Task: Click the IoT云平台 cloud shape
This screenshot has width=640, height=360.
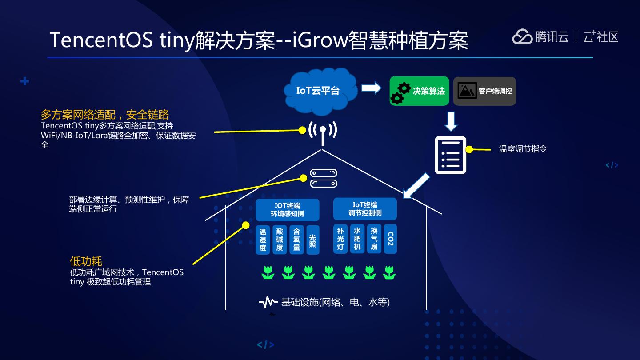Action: tap(318, 90)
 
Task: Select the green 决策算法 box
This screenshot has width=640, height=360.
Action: tap(419, 91)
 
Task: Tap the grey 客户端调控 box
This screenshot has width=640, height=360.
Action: tap(484, 91)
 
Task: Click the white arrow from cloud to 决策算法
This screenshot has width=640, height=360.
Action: tap(371, 88)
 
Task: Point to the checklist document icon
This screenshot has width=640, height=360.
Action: tap(450, 155)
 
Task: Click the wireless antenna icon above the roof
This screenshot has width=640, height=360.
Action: tap(323, 132)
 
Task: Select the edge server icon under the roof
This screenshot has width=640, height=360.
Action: tap(324, 178)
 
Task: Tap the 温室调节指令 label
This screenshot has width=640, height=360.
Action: tap(523, 149)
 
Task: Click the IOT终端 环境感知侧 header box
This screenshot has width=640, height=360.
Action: tap(287, 210)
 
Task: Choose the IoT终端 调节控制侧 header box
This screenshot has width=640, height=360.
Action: tap(365, 209)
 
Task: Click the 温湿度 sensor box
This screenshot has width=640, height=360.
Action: tap(263, 240)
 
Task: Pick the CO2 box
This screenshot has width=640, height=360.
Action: tap(390, 239)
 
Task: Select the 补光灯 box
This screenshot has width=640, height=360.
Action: tap(340, 239)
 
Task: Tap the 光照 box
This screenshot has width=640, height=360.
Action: tap(312, 240)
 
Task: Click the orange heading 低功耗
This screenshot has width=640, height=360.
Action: tap(86, 261)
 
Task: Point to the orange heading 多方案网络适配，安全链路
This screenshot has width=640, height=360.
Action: tap(105, 115)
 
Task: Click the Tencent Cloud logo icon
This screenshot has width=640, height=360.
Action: tap(522, 36)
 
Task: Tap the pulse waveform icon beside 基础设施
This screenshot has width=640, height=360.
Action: tap(268, 303)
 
